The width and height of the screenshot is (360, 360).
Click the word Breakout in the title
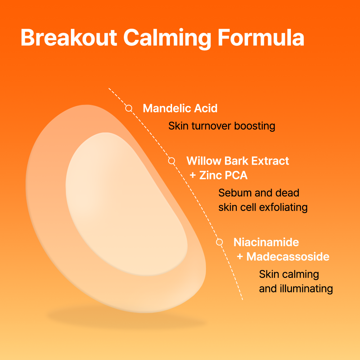(x=69, y=37)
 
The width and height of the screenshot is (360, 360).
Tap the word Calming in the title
(x=167, y=39)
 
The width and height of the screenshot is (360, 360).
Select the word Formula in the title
(x=261, y=37)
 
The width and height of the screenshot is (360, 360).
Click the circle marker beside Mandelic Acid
(x=129, y=108)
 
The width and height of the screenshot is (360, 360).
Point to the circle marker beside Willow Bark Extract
(x=171, y=161)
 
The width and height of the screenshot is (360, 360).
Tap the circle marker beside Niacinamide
(x=220, y=242)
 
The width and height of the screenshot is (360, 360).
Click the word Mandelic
(x=167, y=108)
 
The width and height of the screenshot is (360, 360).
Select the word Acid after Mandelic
(x=206, y=108)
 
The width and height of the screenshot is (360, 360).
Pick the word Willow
(x=204, y=161)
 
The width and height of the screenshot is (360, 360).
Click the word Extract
(x=270, y=161)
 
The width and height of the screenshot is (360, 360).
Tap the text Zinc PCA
(x=224, y=175)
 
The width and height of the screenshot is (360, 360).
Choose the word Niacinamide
(x=266, y=242)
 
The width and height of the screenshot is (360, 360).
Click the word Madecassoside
(x=288, y=256)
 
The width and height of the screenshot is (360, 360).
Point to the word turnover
(x=211, y=126)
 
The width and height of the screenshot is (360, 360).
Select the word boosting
(x=255, y=126)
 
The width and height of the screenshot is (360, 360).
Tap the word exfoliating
(x=284, y=208)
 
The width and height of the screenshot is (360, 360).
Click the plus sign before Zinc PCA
(x=193, y=175)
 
